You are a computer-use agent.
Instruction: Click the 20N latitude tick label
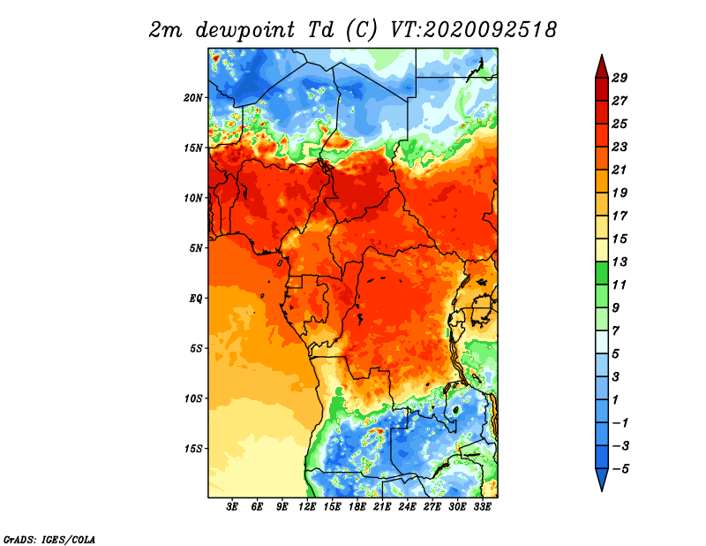193,98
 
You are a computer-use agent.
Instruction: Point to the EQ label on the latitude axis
196,299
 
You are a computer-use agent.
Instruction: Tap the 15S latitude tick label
193,449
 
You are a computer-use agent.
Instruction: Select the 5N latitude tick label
196,248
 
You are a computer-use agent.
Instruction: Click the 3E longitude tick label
232,507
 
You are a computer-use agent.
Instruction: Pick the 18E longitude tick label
357,507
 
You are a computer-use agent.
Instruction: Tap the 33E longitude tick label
482,507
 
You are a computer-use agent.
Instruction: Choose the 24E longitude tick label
407,507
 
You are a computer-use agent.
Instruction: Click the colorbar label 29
620,78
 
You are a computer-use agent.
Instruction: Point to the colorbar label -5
620,469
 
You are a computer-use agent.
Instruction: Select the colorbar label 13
620,262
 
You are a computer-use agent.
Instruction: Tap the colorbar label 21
620,170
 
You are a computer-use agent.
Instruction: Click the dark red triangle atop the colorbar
602,68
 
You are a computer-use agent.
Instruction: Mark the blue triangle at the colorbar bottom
602,478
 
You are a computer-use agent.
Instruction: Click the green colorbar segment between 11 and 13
602,273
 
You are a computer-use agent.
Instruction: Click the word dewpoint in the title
245,31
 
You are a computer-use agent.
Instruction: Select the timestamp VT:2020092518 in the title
474,30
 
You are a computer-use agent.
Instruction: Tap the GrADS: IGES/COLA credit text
49,539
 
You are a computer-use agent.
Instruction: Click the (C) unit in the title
361,30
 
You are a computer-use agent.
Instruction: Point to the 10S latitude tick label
193,398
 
